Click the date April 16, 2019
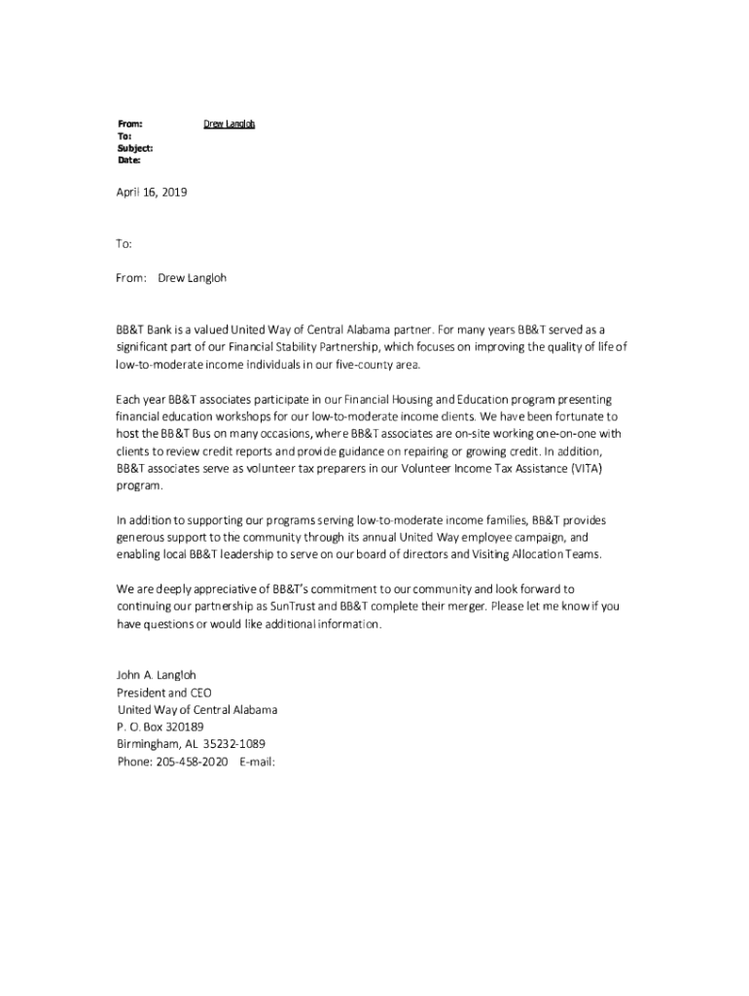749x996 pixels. [152, 193]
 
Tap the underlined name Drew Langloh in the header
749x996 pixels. [229, 124]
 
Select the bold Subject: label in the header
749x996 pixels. [135, 148]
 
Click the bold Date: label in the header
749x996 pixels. [129, 160]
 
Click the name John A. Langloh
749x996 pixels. [157, 675]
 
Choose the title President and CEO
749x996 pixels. [163, 693]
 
